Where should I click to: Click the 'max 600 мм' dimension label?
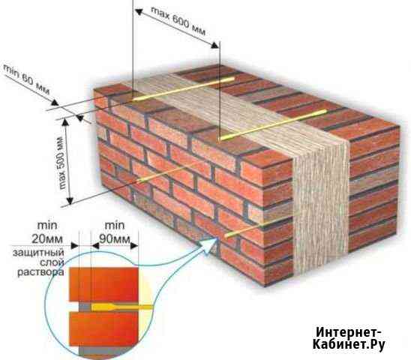(x=178, y=22)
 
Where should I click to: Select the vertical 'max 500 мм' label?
(x=63, y=163)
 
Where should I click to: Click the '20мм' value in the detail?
(x=47, y=238)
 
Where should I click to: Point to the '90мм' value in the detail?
(x=115, y=238)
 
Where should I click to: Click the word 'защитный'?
(x=38, y=253)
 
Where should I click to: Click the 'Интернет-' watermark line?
(x=348, y=332)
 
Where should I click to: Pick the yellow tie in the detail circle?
(x=121, y=307)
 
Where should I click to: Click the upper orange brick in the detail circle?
(x=103, y=284)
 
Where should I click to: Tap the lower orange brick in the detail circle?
(x=103, y=329)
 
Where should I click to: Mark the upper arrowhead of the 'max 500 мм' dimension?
(x=66, y=123)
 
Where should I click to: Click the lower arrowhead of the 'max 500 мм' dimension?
(x=70, y=199)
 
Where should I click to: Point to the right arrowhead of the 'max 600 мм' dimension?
(x=215, y=45)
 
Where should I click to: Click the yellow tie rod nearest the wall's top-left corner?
(x=184, y=88)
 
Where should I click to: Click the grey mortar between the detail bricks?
(x=85, y=307)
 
